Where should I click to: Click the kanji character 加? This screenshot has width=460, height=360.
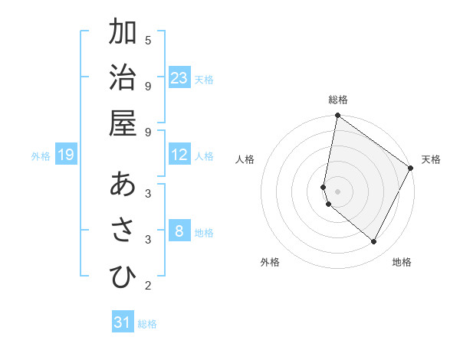123,33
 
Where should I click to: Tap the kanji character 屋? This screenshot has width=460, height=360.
123,123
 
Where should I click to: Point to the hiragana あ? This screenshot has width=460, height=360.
123,185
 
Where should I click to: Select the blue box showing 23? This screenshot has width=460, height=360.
179,78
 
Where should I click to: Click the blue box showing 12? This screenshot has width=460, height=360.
179,155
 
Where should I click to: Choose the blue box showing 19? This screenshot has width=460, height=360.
66,155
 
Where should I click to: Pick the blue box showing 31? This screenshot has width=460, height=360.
123,322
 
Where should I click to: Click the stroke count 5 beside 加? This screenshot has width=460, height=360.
148,40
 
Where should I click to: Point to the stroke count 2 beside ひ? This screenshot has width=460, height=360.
148,286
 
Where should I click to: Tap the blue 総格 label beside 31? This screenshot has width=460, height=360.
147,324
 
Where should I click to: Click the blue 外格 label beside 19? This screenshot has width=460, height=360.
41,156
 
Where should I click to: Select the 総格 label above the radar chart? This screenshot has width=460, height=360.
338,100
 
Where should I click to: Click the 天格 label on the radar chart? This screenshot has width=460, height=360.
431,159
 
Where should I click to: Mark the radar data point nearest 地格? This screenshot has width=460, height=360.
374,242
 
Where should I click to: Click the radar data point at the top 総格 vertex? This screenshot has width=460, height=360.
337,116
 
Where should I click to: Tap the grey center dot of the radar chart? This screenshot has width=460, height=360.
337,191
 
